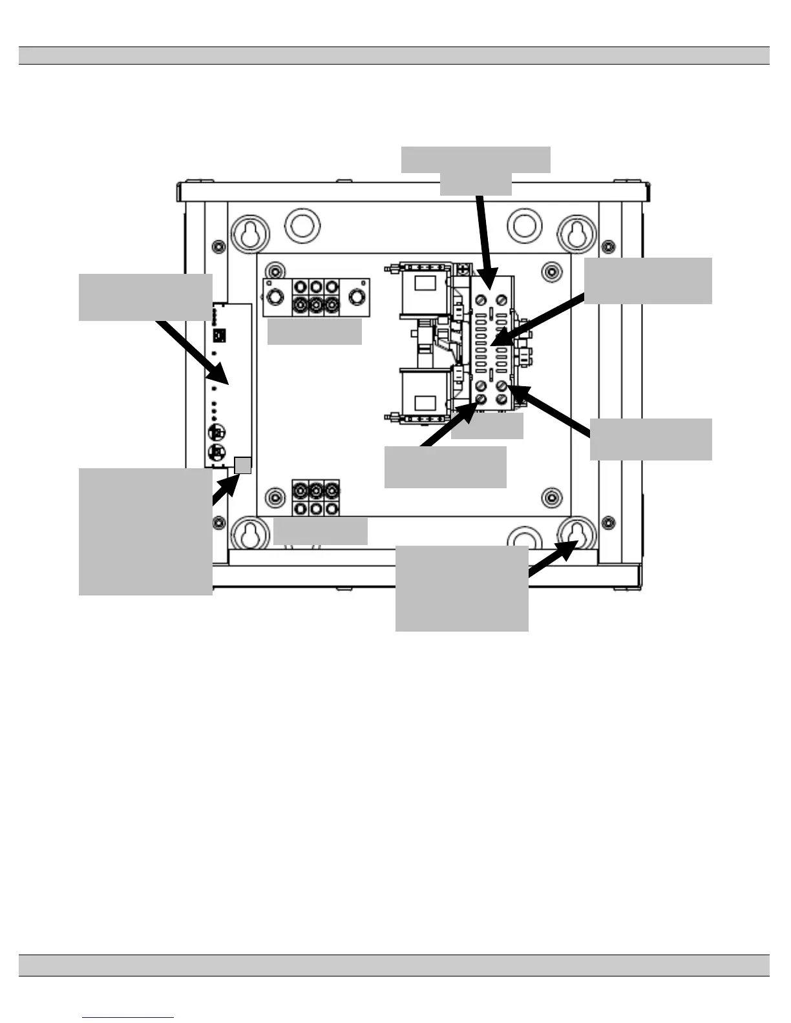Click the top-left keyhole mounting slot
(249, 233)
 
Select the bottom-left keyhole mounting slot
(249, 535)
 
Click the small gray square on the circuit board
(242, 464)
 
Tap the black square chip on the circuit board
(218, 335)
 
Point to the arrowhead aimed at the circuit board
(222, 377)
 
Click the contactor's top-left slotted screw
(481, 301)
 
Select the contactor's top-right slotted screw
(501, 301)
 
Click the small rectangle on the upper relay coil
(424, 284)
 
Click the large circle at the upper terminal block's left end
(275, 297)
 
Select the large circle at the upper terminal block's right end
(356, 297)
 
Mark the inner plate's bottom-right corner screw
(551, 497)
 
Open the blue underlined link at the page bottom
(128, 1017)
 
